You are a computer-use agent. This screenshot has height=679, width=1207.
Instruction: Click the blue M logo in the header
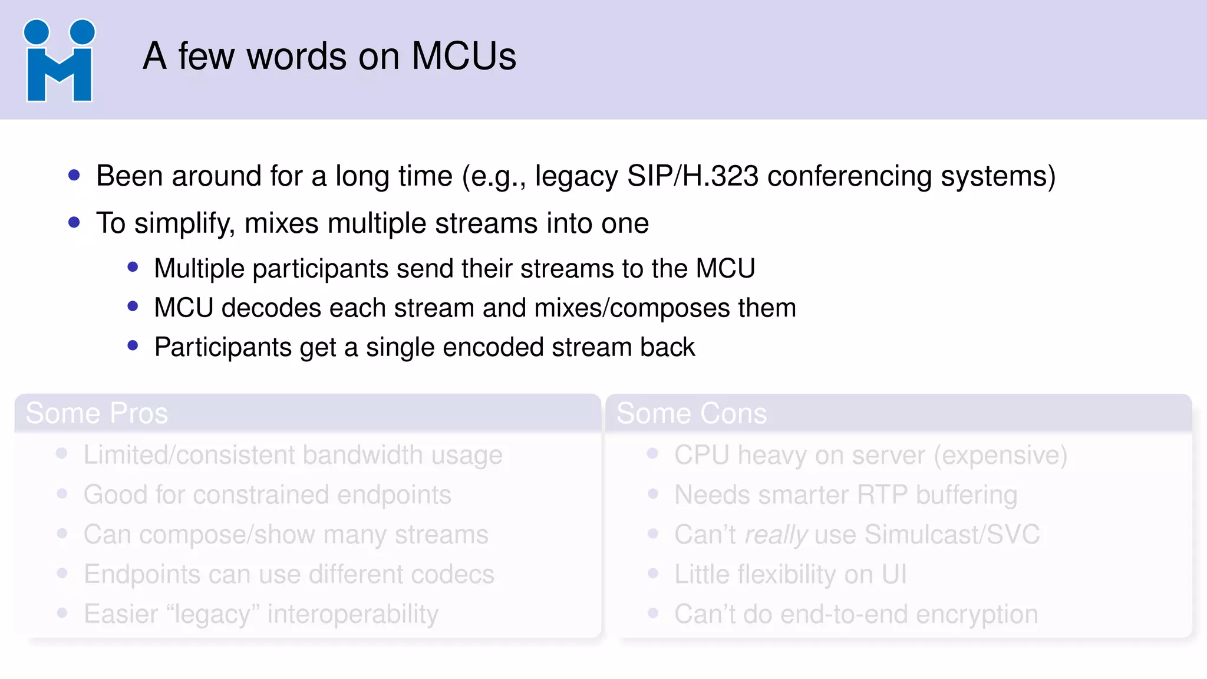(59, 61)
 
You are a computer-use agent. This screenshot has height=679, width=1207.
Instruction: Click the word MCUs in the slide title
(463, 57)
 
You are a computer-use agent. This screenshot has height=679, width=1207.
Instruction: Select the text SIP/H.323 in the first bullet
(692, 176)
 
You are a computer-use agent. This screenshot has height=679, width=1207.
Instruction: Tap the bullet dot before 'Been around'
(74, 175)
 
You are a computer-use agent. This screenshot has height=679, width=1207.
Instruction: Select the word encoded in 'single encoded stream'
(493, 347)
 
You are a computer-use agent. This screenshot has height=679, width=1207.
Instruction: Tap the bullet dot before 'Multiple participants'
(133, 268)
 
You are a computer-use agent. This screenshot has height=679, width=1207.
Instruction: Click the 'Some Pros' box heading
(97, 413)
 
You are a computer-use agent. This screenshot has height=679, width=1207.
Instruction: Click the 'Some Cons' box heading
(691, 413)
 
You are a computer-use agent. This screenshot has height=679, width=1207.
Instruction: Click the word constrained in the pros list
(260, 495)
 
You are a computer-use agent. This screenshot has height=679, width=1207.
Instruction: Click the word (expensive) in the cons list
(1001, 456)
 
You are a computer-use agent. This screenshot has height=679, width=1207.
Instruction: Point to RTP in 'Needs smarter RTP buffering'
(882, 495)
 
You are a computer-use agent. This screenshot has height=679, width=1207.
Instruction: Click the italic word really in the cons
(776, 535)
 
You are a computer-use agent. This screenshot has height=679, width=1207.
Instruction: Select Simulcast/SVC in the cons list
(952, 535)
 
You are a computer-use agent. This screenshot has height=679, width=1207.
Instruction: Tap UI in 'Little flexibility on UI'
(894, 575)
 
